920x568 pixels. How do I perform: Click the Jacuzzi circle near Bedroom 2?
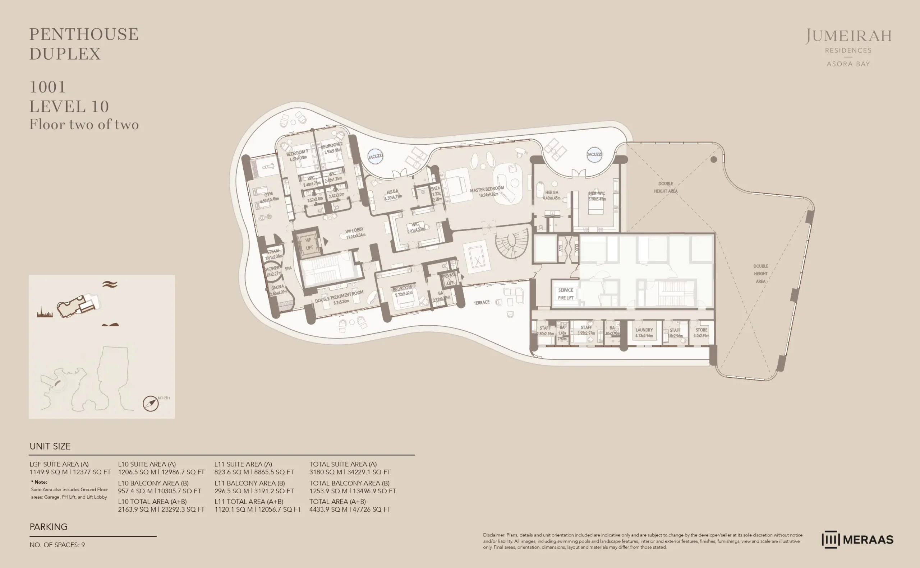tap(375, 156)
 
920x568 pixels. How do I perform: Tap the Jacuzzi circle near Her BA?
tap(594, 154)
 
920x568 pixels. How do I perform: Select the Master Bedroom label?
tap(487, 189)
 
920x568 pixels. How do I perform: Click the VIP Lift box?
tap(308, 244)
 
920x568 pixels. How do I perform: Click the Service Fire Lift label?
tap(565, 294)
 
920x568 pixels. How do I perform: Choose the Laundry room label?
tap(644, 330)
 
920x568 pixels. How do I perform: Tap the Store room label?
tap(701, 330)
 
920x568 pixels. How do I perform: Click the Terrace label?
tap(481, 302)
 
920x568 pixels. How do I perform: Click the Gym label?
tap(268, 194)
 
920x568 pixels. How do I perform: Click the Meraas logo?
tap(857, 539)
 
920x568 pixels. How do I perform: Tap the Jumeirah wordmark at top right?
tap(848, 36)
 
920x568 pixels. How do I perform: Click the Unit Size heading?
tap(50, 446)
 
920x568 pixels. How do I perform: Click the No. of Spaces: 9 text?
tap(57, 545)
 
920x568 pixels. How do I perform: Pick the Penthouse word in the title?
tap(84, 34)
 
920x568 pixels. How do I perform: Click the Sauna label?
tap(277, 287)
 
